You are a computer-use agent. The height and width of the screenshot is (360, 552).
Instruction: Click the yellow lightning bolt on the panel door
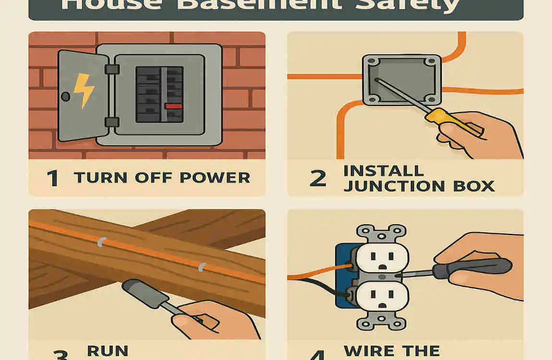click(83, 90)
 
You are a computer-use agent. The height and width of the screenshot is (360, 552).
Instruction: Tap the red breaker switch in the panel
click(173, 106)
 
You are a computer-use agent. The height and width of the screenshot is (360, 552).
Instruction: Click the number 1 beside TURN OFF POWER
click(53, 178)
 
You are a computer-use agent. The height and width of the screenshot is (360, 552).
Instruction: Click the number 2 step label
click(318, 178)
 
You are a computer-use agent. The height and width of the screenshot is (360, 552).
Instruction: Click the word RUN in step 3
click(108, 351)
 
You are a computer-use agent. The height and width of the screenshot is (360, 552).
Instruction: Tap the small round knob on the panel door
click(66, 96)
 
